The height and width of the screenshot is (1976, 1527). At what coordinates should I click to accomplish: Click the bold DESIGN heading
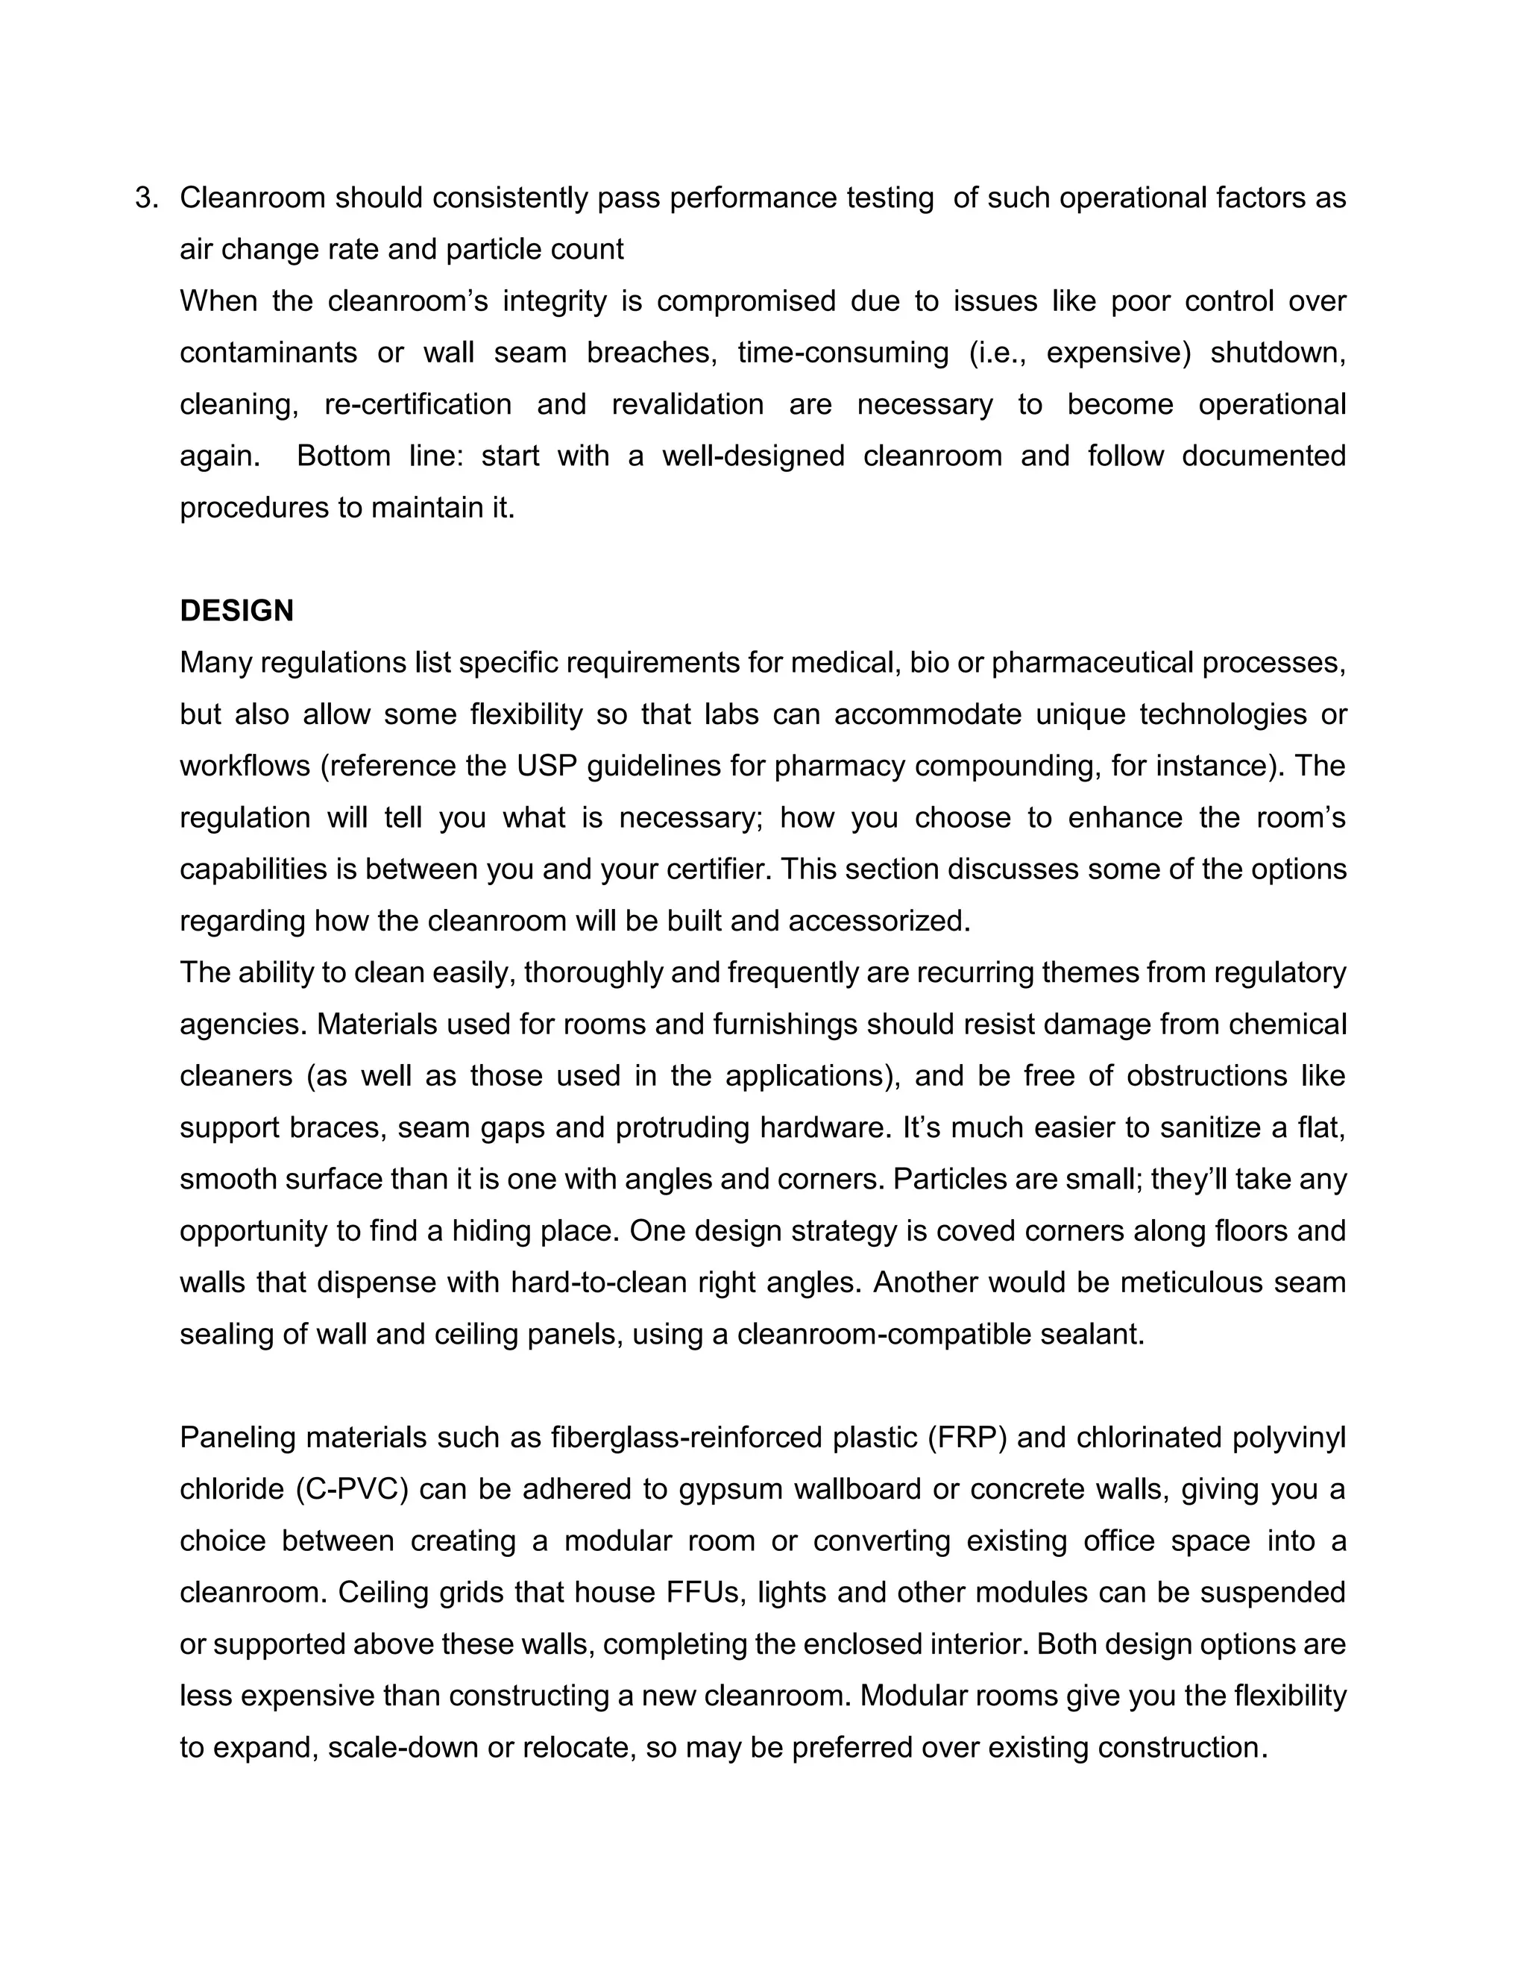tap(237, 611)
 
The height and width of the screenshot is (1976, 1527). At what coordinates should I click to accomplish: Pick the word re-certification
tap(418, 403)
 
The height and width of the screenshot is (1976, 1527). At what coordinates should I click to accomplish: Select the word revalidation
tap(687, 403)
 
